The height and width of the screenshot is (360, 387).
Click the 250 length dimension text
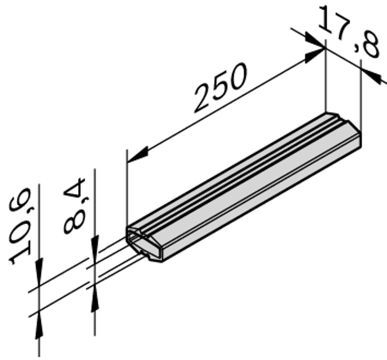click(220, 88)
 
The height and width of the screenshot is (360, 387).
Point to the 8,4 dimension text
click(75, 206)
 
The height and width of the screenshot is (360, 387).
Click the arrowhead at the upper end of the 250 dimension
click(313, 55)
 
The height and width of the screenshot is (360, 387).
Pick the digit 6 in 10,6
click(21, 203)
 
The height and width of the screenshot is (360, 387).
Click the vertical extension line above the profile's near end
click(127, 189)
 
